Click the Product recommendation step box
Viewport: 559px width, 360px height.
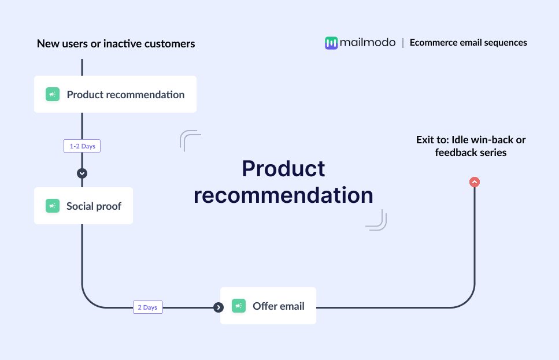pos(115,94)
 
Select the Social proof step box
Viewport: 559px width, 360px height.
pos(83,206)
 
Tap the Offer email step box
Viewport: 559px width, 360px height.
pos(268,306)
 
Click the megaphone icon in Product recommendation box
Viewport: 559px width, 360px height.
pos(53,94)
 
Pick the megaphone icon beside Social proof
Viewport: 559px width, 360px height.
pos(53,206)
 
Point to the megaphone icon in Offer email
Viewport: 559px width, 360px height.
pos(239,306)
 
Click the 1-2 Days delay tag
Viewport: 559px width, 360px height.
pos(82,146)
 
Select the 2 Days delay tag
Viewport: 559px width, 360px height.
pos(147,307)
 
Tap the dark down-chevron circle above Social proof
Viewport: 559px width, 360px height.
pos(82,173)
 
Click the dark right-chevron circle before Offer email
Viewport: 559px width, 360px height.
pos(219,307)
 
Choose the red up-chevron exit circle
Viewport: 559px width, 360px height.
pos(475,182)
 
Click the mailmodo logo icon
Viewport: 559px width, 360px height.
pos(331,43)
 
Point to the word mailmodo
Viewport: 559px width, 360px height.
pos(368,42)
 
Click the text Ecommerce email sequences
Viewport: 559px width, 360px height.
pos(468,42)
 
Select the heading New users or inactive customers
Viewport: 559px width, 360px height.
pos(116,43)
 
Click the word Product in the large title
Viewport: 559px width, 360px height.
pos(283,168)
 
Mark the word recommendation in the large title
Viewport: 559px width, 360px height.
pos(283,195)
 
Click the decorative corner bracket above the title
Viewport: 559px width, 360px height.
pos(189,140)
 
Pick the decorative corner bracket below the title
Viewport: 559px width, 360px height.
pos(377,221)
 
